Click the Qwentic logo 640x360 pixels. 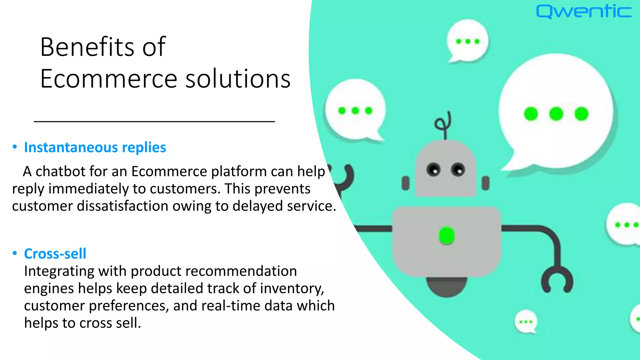pos(583,12)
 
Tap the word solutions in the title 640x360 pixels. pos(238,79)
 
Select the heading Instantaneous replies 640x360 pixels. pos(95,147)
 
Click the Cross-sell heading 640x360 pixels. pos(55,254)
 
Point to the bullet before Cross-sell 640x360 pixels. pos(15,253)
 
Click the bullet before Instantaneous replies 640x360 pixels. pos(15,147)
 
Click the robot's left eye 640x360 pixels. pos(433,170)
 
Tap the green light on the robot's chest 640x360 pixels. pos(447,236)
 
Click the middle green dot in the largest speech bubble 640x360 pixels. pos(556,114)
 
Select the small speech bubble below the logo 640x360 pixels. pos(467,41)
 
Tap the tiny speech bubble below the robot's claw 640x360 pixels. pos(526,322)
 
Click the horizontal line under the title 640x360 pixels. pos(154,122)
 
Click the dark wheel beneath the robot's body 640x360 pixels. pos(447,286)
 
